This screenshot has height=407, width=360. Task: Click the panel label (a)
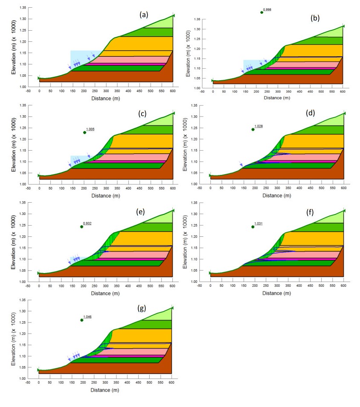click(x=144, y=15)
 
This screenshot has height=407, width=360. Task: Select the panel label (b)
click(x=315, y=18)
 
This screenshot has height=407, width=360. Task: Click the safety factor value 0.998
click(x=267, y=9)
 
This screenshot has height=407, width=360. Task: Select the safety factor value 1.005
click(x=90, y=129)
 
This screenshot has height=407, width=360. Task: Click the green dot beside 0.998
click(x=262, y=12)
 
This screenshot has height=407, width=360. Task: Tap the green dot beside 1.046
click(x=82, y=320)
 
